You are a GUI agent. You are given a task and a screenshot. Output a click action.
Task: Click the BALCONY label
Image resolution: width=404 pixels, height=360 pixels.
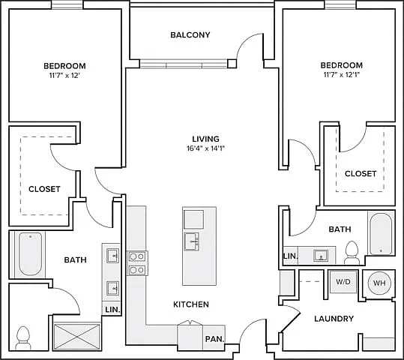[x=190, y=34]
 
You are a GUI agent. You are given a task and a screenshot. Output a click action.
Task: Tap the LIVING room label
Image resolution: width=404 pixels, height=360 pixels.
[x=205, y=139]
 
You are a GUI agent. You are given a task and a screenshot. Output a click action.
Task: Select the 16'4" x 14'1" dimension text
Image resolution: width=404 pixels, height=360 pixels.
[x=206, y=148]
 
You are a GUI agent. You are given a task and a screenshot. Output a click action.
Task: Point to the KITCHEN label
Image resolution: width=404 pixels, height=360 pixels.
[x=191, y=304]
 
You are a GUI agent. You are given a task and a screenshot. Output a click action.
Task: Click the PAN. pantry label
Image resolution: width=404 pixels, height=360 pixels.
[x=214, y=339]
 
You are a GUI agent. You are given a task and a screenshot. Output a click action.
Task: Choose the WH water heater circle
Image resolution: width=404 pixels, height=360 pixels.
[x=379, y=283]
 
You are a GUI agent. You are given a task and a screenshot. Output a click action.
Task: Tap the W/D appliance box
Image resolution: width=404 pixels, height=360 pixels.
[x=343, y=281]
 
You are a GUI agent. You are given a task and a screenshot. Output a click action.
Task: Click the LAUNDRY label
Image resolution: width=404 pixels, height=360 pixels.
[x=334, y=319]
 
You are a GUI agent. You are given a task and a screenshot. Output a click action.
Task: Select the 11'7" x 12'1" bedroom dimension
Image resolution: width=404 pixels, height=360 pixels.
[x=341, y=75]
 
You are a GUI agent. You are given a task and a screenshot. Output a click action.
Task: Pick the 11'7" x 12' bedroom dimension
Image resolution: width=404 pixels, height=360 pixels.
[x=64, y=76]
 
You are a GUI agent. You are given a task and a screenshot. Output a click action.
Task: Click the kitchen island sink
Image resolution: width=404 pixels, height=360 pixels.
[x=191, y=241]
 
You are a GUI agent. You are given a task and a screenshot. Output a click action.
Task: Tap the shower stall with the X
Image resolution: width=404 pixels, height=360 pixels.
[x=77, y=336]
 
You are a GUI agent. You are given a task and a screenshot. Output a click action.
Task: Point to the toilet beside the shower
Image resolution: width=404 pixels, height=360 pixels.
[x=23, y=337]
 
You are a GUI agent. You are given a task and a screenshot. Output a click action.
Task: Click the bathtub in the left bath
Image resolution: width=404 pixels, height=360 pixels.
[x=31, y=254]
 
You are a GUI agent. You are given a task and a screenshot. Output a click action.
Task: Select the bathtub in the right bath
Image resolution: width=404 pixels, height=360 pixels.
[x=381, y=234]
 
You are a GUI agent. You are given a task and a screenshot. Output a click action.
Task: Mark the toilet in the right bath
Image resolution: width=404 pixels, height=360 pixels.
[x=352, y=253]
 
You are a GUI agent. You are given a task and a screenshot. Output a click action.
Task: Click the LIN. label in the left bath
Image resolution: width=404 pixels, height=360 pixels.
[x=112, y=310]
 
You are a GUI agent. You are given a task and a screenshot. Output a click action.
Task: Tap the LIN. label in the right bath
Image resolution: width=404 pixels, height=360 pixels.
[x=291, y=256]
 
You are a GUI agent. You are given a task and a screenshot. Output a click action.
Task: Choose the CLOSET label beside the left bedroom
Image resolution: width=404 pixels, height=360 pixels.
[x=44, y=189]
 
